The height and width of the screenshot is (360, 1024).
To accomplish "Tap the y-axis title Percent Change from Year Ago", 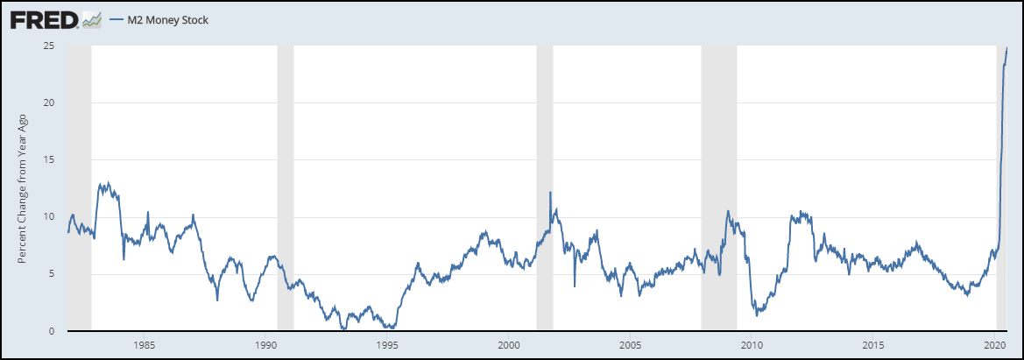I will (x=24, y=188).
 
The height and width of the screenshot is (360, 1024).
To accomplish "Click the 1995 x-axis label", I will (x=388, y=343).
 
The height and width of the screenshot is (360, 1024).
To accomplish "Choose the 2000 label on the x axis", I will (x=510, y=343).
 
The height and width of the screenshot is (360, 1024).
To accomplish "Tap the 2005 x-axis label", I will (x=631, y=343).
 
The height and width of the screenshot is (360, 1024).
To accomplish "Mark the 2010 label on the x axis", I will (x=752, y=343).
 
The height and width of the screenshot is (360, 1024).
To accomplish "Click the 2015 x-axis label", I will (x=873, y=343).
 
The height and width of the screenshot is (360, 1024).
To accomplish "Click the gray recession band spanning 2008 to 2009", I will (x=719, y=131).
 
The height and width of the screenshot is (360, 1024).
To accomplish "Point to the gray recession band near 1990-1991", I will (x=285, y=131).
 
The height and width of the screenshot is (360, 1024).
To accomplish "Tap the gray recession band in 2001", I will (x=545, y=131).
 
